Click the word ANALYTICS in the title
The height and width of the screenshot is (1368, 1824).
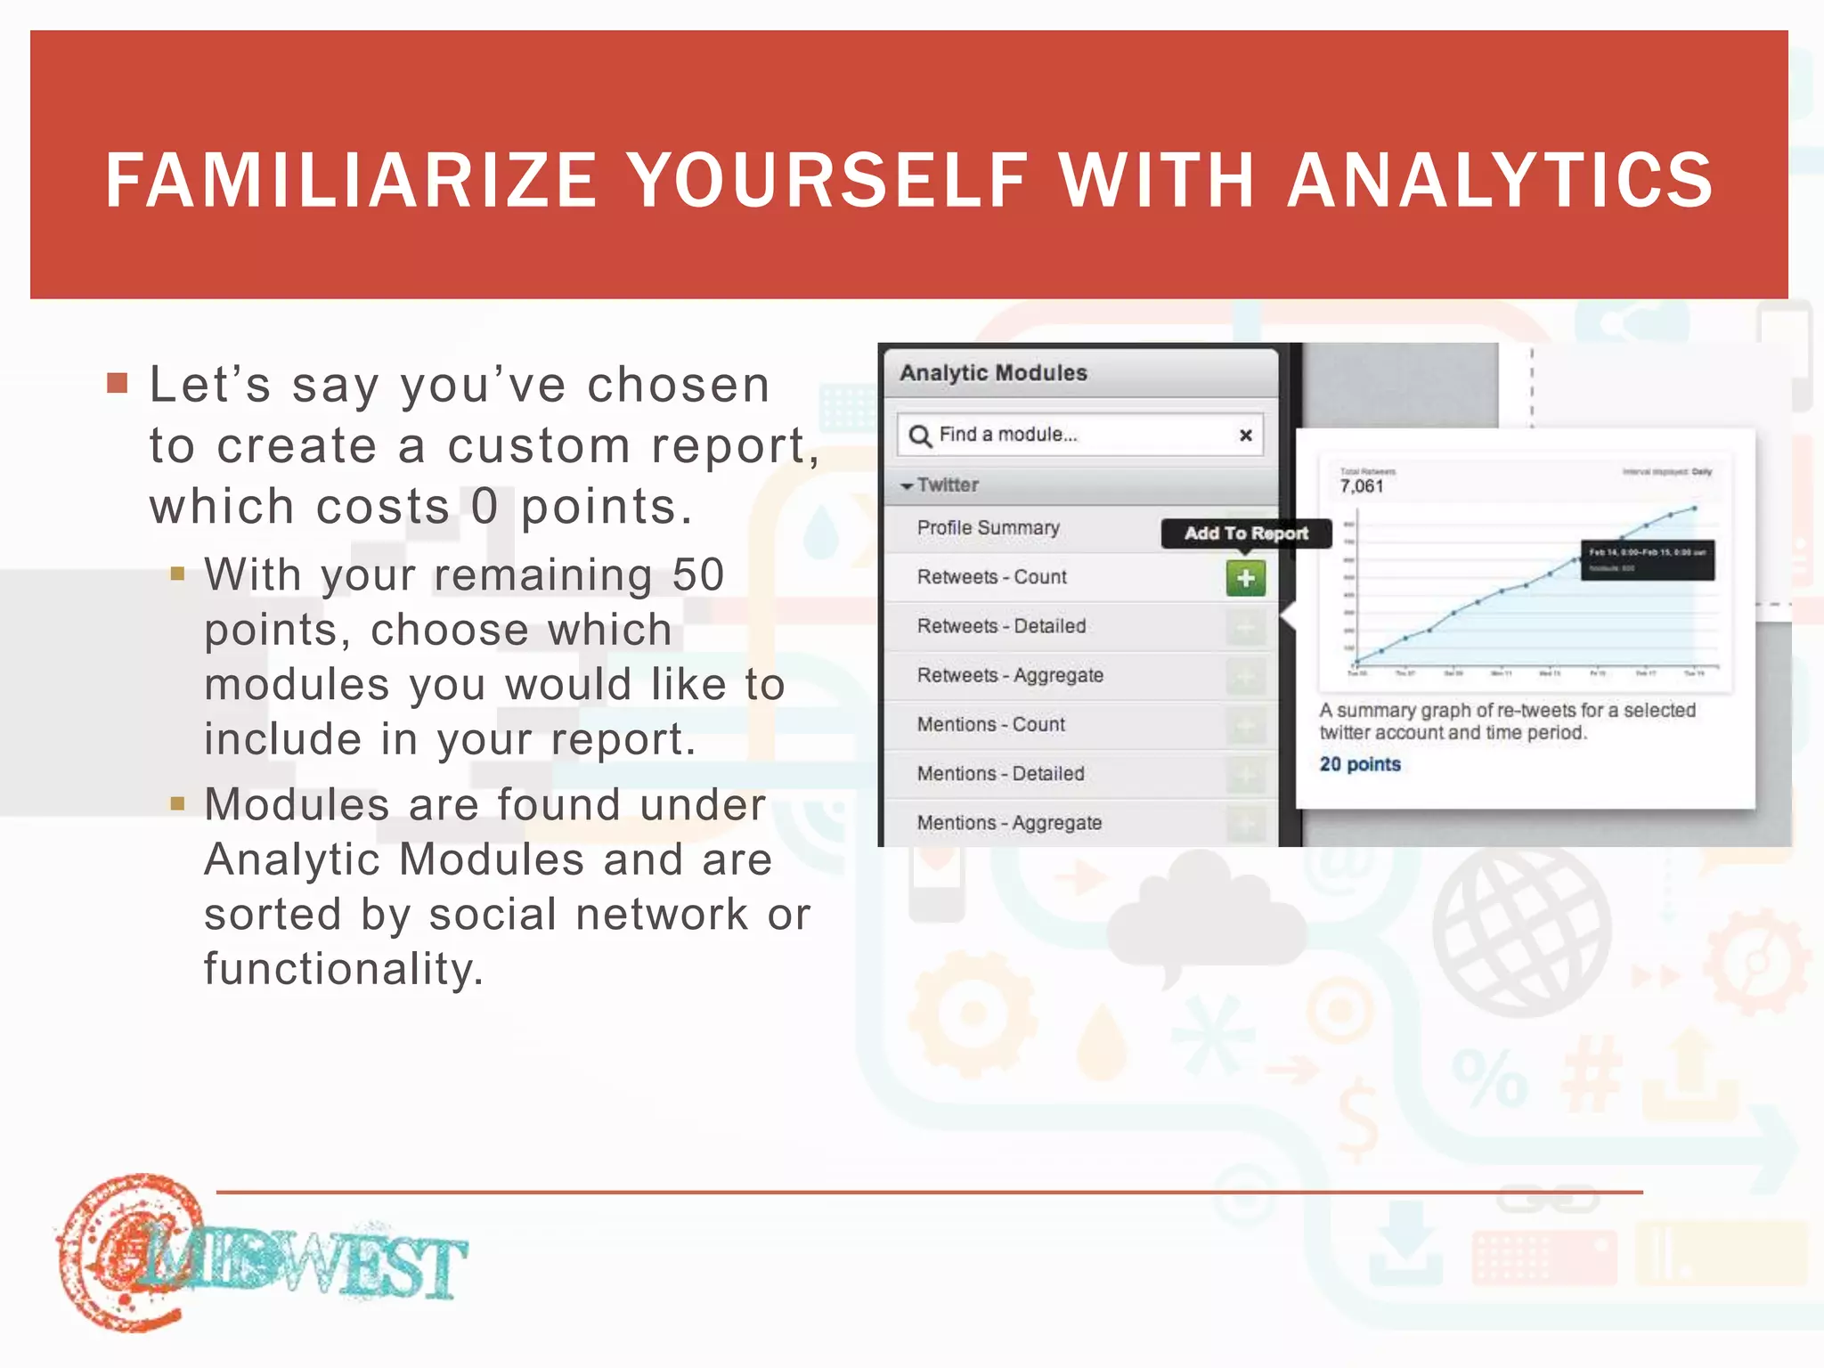1500,180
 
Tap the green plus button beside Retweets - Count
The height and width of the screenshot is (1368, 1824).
1245,578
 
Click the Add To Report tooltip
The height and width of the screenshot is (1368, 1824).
1246,533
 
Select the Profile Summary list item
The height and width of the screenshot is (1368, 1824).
988,527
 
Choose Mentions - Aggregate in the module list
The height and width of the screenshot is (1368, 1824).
1009,823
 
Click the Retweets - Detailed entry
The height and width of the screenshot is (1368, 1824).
1001,626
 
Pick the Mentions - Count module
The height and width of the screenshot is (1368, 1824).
990,724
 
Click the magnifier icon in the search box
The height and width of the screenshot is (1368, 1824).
919,435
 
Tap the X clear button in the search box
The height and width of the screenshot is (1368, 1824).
1245,435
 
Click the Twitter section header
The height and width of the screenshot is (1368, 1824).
947,484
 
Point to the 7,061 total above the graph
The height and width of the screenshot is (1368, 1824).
1361,486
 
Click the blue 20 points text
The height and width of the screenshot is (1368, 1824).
1360,764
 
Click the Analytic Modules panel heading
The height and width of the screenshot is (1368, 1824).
993,372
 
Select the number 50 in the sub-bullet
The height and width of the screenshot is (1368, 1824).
698,574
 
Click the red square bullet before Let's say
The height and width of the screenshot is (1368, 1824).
117,383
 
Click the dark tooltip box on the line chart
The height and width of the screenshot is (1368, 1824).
1647,560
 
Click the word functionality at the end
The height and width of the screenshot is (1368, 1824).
343,969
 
